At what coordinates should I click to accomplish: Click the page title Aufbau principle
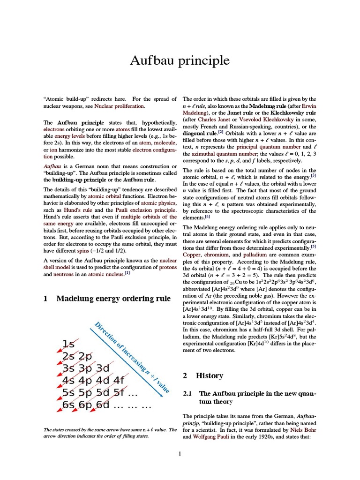(180, 60)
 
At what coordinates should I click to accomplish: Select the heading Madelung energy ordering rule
(113, 299)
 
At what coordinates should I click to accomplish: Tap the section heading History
(209, 375)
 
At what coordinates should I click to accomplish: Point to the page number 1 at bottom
(180, 453)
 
